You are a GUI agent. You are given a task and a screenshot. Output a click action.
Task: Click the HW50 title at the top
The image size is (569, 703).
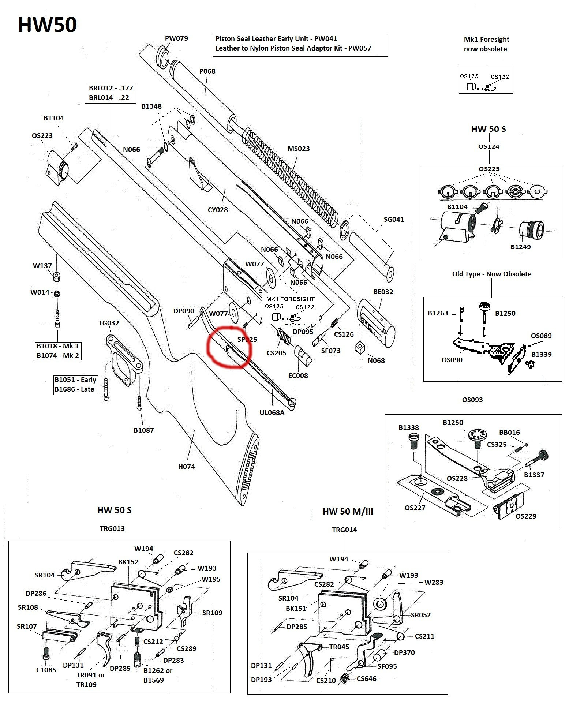[47, 25]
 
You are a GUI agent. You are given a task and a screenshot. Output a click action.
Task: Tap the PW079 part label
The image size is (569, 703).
[176, 38]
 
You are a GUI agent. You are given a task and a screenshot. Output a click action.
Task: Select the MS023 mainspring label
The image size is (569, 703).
[299, 149]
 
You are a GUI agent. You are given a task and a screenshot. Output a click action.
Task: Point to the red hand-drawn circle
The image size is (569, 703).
[228, 346]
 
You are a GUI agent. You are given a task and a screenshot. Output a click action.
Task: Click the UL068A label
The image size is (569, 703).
[272, 413]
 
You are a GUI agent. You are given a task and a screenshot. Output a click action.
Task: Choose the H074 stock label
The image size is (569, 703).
[187, 467]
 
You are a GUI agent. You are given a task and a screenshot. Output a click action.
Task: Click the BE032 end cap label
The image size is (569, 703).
[383, 292]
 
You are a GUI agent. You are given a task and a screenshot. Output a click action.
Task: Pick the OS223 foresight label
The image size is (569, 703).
[42, 136]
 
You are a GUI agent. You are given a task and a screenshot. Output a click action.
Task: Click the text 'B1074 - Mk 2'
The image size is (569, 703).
[58, 356]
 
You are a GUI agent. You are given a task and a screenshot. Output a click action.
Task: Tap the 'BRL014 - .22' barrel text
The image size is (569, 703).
[109, 98]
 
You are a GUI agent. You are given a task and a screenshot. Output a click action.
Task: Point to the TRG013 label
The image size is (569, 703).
[112, 529]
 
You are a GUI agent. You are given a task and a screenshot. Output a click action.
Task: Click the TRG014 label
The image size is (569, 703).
[344, 530]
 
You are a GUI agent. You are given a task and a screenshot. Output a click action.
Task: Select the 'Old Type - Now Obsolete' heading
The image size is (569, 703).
[492, 274]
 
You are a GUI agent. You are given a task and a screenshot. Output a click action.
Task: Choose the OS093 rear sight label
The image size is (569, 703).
[472, 400]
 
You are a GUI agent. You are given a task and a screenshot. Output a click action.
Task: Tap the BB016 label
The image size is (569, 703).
[509, 433]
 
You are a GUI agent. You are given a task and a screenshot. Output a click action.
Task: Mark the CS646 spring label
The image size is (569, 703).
[367, 679]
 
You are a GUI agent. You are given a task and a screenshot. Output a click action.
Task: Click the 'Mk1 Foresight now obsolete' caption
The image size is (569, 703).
[486, 44]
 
